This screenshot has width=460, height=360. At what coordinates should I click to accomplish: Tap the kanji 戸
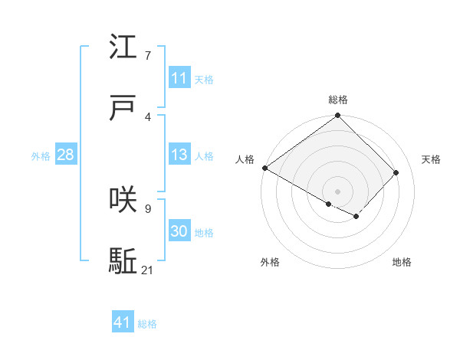tap(123, 107)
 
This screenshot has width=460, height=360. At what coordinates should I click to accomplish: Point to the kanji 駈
tap(123, 260)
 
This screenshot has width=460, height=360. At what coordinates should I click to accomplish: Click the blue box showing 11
tap(179, 78)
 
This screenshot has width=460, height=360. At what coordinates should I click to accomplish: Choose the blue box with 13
tap(179, 155)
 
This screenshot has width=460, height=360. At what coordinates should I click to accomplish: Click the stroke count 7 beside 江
tap(148, 56)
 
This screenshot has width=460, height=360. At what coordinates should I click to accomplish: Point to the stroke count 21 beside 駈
tap(148, 270)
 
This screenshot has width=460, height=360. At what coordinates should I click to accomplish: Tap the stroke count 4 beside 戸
tap(148, 117)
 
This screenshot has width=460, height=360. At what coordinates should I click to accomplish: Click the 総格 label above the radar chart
tap(338, 100)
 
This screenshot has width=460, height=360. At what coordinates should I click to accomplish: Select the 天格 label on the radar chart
tap(432, 159)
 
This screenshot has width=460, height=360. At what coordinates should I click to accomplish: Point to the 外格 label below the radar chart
tap(270, 262)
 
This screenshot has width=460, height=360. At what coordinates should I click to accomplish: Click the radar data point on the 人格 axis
tap(264, 168)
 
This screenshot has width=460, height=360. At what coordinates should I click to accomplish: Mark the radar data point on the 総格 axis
tap(338, 116)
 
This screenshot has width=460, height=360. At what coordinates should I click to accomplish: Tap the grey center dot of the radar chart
tap(338, 191)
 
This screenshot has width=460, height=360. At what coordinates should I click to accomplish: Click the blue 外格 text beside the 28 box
tap(41, 156)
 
